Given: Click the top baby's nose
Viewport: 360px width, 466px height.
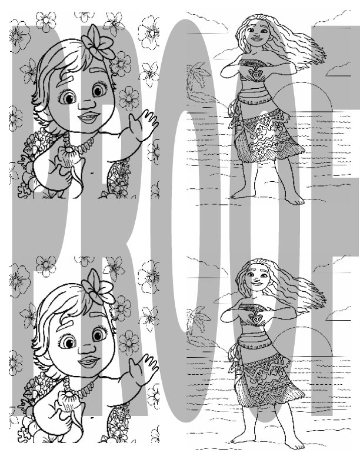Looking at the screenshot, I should [85, 106].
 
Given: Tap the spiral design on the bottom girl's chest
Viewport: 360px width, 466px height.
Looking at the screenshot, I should [256, 318].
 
